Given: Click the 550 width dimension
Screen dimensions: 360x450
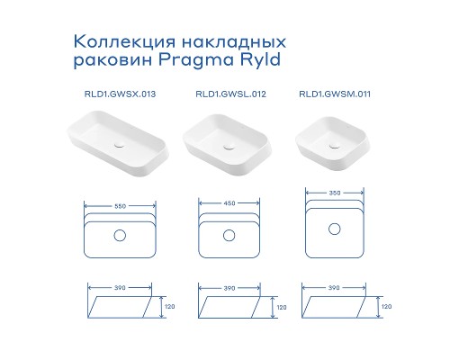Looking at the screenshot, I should [x=119, y=204].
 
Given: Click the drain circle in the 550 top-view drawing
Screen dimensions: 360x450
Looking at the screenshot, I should [x=119, y=237].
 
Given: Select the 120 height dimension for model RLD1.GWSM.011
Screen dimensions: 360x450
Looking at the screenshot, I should [x=387, y=307].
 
